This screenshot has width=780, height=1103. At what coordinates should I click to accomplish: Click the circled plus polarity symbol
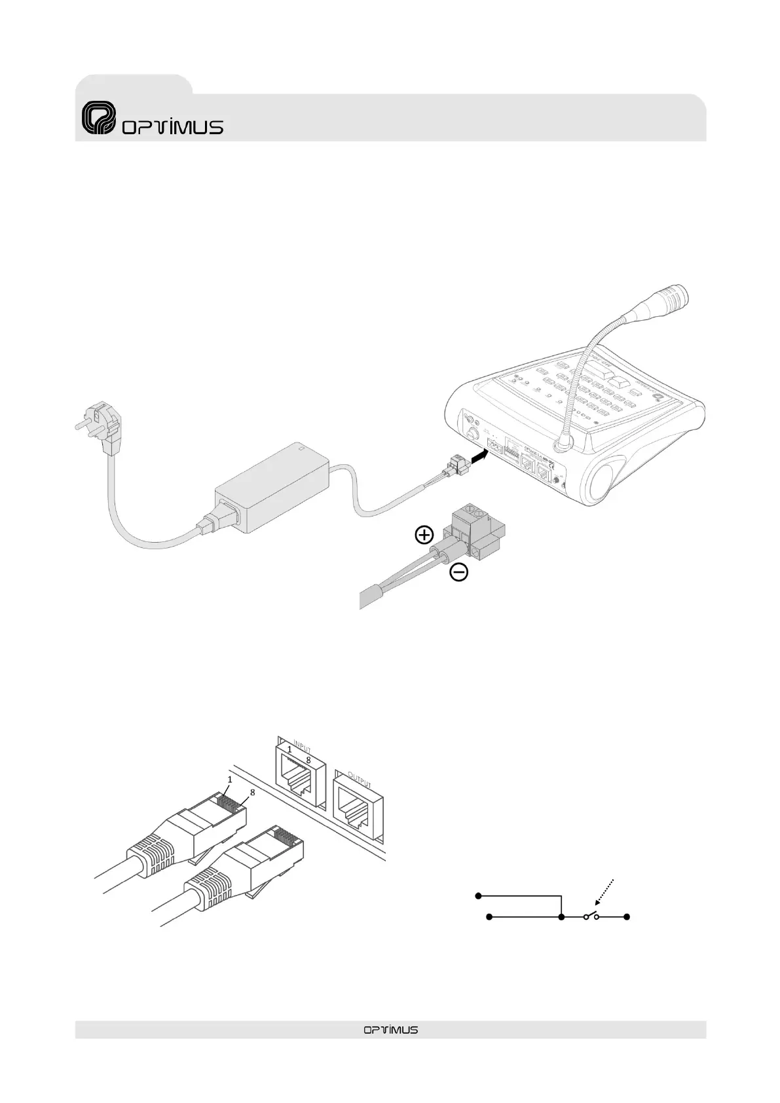(424, 535)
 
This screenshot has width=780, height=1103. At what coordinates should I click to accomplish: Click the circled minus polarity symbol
(459, 573)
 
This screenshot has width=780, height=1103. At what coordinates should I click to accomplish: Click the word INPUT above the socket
(303, 747)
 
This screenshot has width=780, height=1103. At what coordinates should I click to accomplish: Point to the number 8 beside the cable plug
(252, 791)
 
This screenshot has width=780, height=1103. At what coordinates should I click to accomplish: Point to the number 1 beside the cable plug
(230, 780)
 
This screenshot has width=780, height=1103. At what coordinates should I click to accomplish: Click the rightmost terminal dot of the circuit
(627, 918)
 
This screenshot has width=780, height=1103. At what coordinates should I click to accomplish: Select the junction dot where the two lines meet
(562, 918)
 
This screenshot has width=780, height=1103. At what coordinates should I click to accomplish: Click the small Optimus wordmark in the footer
(390, 1030)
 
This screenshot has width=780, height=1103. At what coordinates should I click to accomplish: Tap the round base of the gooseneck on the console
(561, 446)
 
